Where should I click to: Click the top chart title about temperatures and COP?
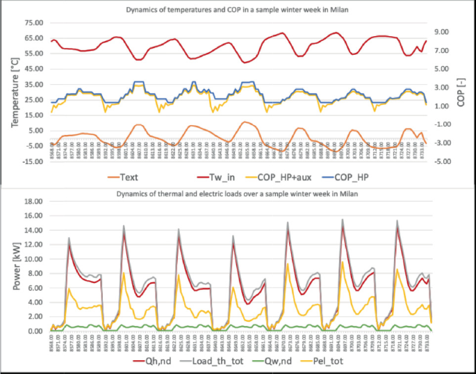(238, 10)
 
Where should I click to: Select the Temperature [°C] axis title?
(13, 93)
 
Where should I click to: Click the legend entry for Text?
(122, 177)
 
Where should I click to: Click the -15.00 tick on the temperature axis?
(31, 162)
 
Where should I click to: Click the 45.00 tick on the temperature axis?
(32, 69)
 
